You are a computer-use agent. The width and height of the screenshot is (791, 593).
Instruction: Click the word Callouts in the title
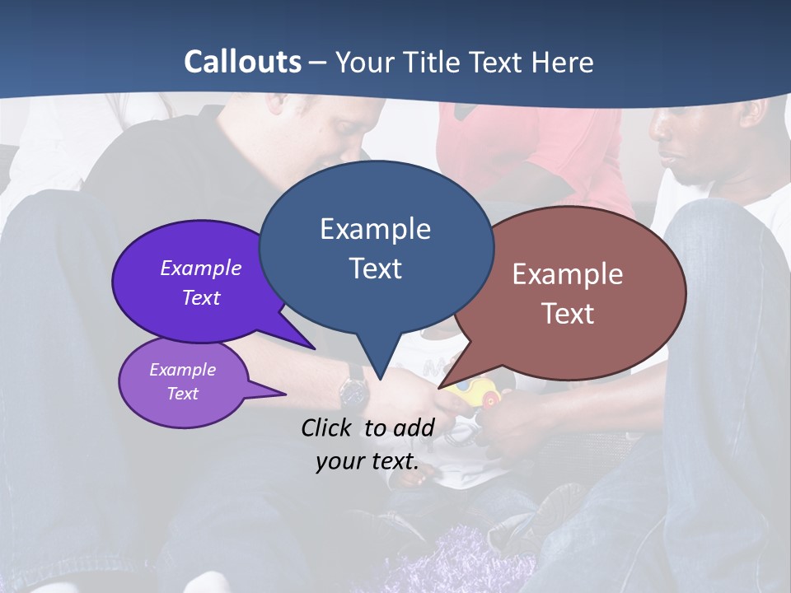[x=242, y=62]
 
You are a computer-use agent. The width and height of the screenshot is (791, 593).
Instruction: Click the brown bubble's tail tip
[x=442, y=387]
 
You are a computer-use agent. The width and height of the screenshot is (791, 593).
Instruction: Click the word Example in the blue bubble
[x=375, y=228]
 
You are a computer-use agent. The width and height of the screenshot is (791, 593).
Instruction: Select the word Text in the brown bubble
[x=568, y=314]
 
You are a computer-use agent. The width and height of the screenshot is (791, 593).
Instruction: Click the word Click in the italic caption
[x=327, y=427]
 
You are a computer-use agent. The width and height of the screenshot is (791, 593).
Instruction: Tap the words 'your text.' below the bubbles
[x=367, y=461]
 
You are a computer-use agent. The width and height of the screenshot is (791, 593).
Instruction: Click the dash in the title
[x=318, y=63]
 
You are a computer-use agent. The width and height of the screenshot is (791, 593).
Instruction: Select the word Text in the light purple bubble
[x=183, y=394]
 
